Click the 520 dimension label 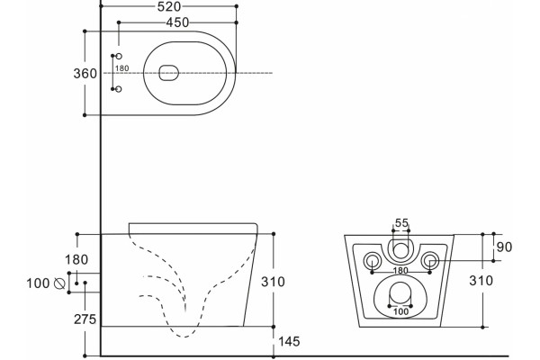pyautogui.click(x=169, y=7)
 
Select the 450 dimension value pyautogui.click(x=177, y=22)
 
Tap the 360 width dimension pyautogui.click(x=85, y=74)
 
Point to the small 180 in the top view pyautogui.click(x=121, y=68)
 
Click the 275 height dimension pyautogui.click(x=85, y=319)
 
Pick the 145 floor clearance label pyautogui.click(x=289, y=341)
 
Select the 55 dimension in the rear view pyautogui.click(x=401, y=223)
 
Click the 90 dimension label pyautogui.click(x=505, y=247)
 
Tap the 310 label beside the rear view pyautogui.click(x=481, y=281)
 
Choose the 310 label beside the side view pyautogui.click(x=273, y=282)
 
